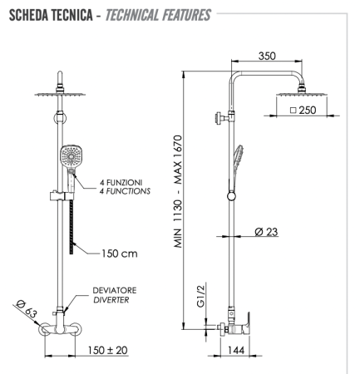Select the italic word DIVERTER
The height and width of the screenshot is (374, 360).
(110, 302)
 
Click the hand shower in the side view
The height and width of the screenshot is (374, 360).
(239, 157)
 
